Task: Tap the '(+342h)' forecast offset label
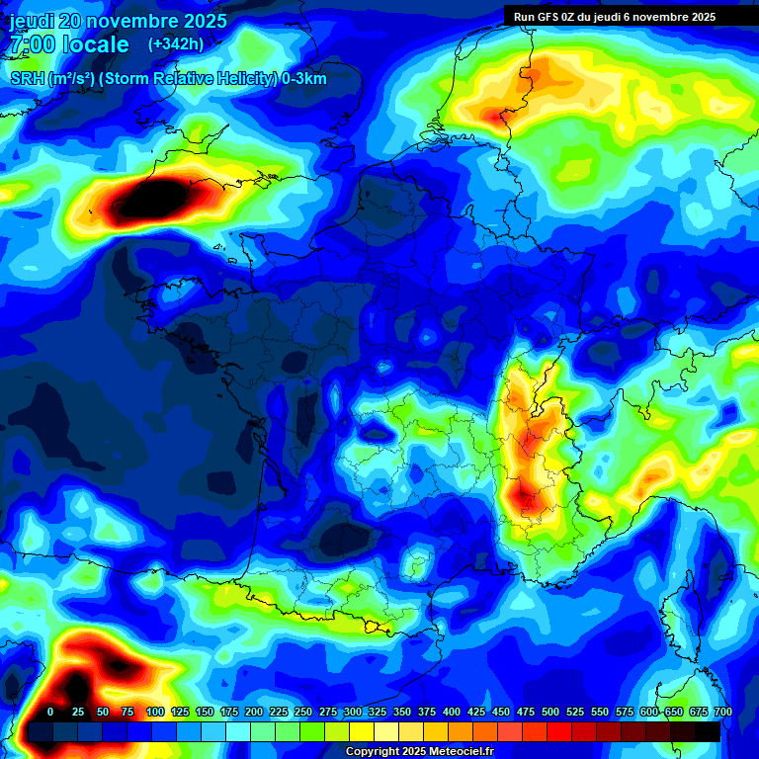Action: (x=176, y=43)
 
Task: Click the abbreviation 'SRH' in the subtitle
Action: (x=27, y=79)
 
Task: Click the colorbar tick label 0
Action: (x=50, y=712)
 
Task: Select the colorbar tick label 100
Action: (x=155, y=712)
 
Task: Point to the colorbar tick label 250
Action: (x=303, y=712)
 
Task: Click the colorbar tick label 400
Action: (x=452, y=712)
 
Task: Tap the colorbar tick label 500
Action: (x=550, y=712)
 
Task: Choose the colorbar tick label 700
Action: (x=722, y=712)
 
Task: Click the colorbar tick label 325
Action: (x=378, y=712)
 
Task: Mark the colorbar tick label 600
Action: (x=649, y=712)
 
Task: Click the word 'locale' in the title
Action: (x=95, y=44)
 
